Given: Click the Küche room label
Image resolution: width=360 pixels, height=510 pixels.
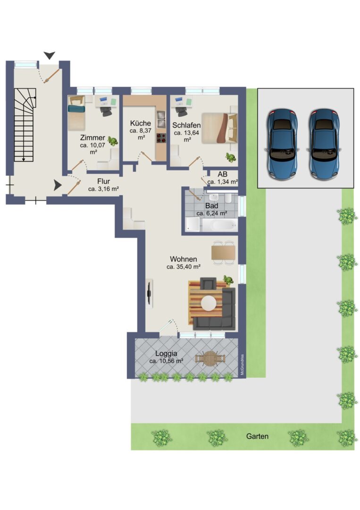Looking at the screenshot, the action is (x=140, y=123).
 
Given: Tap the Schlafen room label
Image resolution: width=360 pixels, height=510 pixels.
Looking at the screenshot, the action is (x=186, y=125).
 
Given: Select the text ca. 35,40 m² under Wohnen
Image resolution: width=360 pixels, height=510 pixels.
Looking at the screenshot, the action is (x=183, y=267).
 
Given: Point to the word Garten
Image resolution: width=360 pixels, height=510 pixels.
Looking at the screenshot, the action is (x=257, y=436).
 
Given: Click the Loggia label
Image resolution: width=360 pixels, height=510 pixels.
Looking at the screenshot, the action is (x=166, y=354).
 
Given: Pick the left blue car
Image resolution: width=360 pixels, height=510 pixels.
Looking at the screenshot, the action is (x=282, y=144).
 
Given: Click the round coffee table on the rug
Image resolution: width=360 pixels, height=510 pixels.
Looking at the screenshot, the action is (x=209, y=303).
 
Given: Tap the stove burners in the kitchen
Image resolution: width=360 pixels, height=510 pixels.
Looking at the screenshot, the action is (x=161, y=138).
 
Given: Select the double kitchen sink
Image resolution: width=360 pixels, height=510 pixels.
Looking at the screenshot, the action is (x=161, y=119).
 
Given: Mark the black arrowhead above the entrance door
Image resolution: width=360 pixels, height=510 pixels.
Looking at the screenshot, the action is (x=50, y=55).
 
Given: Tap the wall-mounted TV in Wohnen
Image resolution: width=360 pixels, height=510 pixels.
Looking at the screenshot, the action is (x=150, y=293).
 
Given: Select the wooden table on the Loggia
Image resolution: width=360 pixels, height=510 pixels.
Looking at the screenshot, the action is (x=210, y=358).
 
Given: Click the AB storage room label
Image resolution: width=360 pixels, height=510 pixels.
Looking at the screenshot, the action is (x=223, y=174).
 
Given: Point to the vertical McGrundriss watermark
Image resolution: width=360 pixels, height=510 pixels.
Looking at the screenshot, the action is (x=242, y=365).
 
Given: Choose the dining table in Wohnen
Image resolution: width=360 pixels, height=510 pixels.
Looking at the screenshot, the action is (x=223, y=253).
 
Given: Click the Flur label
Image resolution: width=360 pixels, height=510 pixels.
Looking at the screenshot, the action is (x=104, y=181).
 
